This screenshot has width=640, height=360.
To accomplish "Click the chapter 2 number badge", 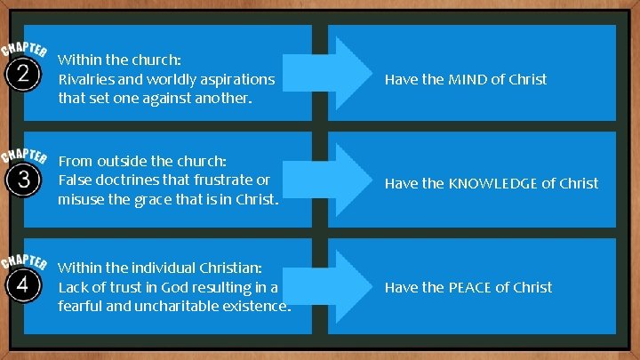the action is (x=21, y=74).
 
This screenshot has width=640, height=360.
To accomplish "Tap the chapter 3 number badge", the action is (x=21, y=180).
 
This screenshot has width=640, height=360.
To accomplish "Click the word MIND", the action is (x=467, y=79).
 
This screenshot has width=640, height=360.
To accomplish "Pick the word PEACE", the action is (x=468, y=287).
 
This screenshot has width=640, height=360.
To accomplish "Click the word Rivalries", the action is (x=86, y=79).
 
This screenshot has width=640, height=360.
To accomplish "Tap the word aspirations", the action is (x=236, y=79).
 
